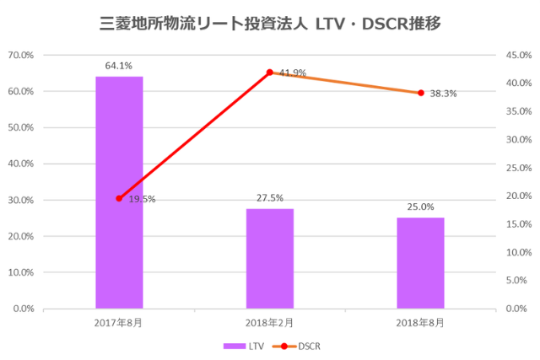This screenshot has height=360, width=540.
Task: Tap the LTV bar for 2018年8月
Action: point(420,263)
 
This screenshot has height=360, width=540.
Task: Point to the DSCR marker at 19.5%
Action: point(119,198)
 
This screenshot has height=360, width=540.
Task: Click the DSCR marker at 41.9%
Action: point(270,73)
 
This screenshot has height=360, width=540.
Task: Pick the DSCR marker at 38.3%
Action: point(420,93)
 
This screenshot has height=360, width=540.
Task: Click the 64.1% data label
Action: point(119,65)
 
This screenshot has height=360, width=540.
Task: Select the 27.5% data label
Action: point(270,197)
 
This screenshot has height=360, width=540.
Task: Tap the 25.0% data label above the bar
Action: point(420,207)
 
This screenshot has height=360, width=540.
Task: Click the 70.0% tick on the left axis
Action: point(21,55)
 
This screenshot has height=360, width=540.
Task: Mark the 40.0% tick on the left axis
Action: point(21,164)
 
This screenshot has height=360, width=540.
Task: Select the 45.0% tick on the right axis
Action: point(517,55)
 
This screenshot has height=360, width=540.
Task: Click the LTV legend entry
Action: point(244,346)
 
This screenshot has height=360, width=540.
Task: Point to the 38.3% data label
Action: point(443,94)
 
